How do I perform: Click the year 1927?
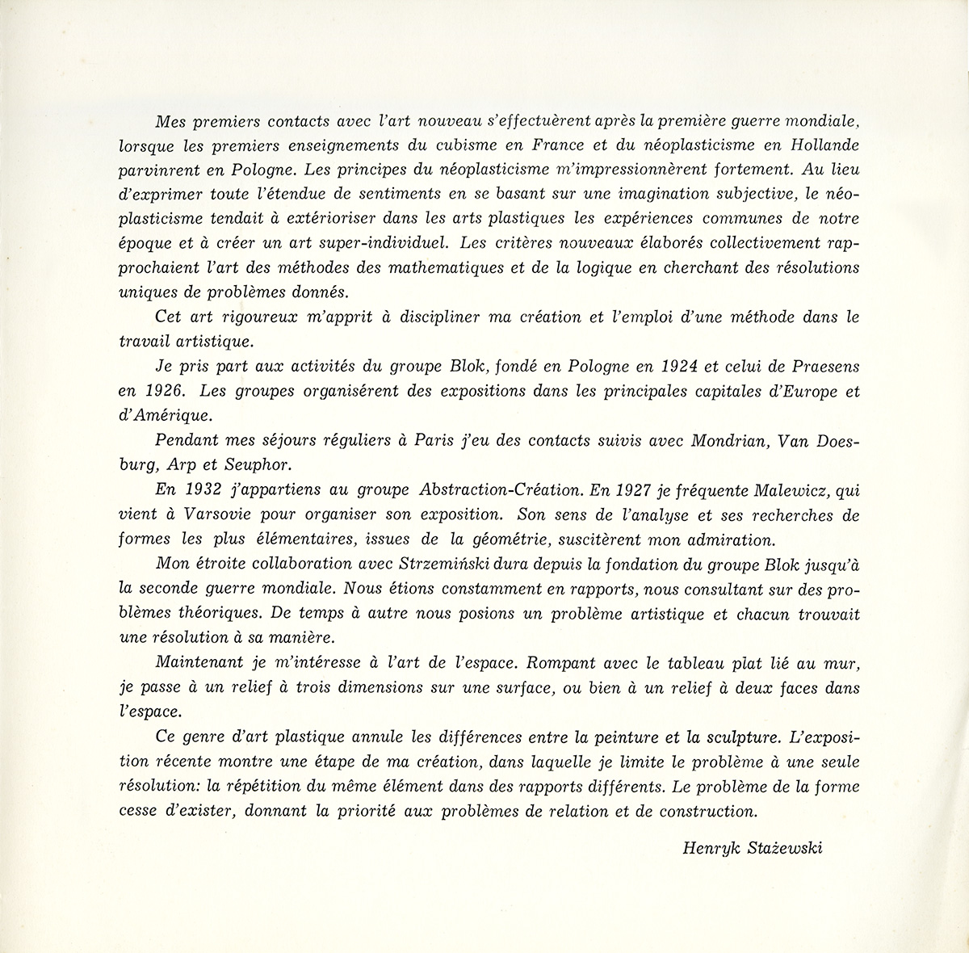click(x=638, y=489)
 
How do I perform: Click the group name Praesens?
click(x=823, y=367)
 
